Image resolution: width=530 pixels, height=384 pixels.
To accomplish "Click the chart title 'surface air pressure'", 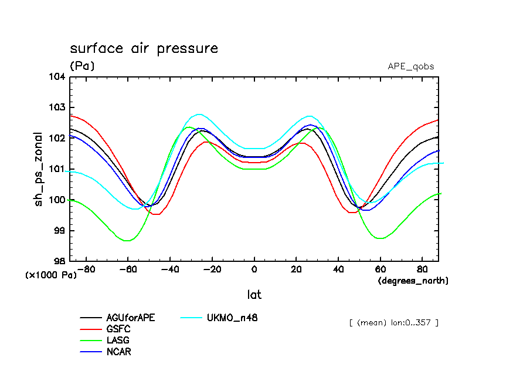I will (x=144, y=48).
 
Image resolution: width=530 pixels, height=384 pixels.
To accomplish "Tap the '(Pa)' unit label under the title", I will (x=82, y=66).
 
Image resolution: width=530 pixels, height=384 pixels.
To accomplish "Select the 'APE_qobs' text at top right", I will (x=411, y=66).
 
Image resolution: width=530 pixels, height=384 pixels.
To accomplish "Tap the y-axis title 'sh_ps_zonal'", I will (x=39, y=169).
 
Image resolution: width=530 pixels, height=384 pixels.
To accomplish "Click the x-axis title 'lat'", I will (x=254, y=294).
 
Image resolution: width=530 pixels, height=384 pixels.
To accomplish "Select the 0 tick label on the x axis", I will (x=254, y=270).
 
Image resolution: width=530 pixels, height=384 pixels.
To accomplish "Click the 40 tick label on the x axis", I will (x=338, y=270).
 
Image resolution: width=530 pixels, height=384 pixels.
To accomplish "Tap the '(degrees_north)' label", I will (x=413, y=281).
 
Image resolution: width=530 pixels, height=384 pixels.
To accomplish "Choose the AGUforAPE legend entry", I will (x=131, y=318).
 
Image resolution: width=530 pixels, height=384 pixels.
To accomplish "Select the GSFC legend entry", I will (x=118, y=329).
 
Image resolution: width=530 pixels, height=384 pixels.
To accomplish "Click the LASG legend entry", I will (x=118, y=340).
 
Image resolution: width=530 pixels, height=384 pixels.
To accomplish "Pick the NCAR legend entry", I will (x=119, y=351).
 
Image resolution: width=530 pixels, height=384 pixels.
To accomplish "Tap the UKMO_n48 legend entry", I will (x=232, y=318).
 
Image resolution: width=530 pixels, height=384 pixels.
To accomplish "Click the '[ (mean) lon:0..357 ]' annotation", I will (x=393, y=322).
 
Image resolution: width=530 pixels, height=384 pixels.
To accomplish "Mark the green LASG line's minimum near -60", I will (x=127, y=241).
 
